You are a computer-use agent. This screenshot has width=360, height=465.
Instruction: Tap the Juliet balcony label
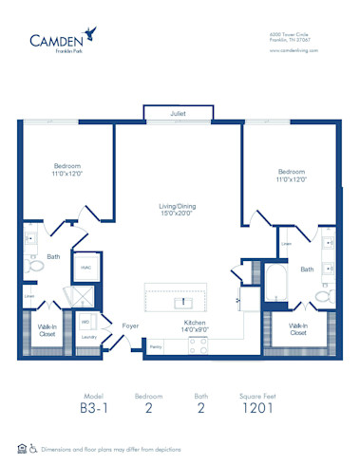178,114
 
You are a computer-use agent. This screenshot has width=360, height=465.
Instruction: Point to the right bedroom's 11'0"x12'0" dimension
291,179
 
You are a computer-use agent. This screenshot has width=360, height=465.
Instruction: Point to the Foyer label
129,325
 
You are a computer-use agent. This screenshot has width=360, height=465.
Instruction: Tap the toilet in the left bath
33,269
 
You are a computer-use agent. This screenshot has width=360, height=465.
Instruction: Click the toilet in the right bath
322,297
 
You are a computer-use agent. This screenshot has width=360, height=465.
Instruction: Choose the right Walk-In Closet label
297,329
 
